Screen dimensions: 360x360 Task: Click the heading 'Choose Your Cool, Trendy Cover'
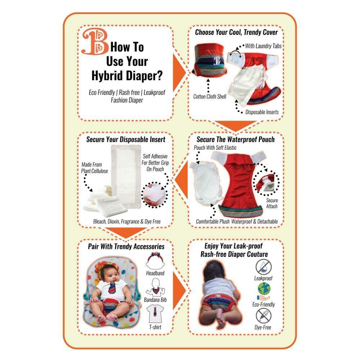click(236, 32)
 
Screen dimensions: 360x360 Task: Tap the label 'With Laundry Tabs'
click(263, 46)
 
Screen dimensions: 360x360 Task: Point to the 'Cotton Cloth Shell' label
click(210, 96)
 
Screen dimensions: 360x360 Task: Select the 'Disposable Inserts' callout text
click(262, 112)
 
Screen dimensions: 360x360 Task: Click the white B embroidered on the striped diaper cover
click(217, 60)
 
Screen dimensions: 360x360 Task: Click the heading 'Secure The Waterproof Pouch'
click(235, 139)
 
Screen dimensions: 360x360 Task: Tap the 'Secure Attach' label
click(272, 203)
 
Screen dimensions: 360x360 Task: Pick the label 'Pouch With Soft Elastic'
click(215, 148)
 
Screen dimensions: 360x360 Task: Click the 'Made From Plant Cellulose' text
click(94, 168)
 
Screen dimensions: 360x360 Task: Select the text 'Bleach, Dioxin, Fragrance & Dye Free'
click(127, 221)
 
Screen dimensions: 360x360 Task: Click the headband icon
click(155, 261)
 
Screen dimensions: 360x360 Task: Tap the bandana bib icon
click(156, 287)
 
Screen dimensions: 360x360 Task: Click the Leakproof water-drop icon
click(264, 267)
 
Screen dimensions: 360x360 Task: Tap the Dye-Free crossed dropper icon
click(264, 316)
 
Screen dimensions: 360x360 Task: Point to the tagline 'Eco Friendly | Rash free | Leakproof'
click(127, 93)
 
